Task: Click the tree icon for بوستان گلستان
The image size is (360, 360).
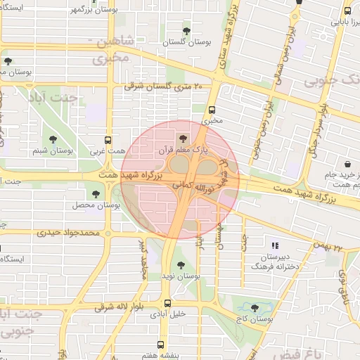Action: coord(186,30)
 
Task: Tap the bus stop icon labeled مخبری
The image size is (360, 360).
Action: coord(212,109)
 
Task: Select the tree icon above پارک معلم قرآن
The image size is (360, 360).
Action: coord(184,139)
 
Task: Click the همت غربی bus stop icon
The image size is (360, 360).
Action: coord(108,140)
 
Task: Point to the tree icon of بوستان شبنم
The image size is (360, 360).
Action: coord(53,139)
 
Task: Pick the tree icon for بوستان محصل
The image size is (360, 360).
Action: coord(96,193)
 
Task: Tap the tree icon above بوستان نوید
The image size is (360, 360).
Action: coord(181,265)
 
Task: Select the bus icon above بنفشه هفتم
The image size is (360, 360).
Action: coord(161,345)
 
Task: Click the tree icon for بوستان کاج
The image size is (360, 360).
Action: coord(255,307)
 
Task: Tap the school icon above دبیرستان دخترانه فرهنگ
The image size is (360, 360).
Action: coord(274,245)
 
